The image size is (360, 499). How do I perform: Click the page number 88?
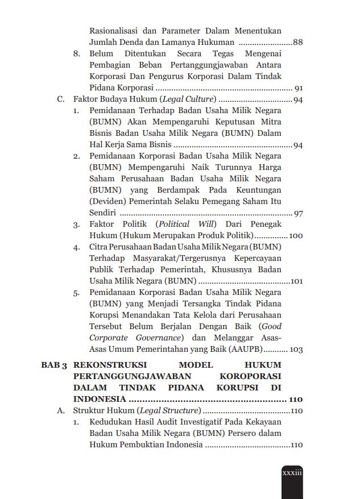point(297,43)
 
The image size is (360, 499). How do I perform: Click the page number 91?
point(298,89)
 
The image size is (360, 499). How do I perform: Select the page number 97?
point(298,213)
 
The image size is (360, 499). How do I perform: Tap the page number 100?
point(296,235)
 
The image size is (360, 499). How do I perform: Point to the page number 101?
point(296,281)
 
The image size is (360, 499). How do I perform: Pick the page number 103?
point(296,350)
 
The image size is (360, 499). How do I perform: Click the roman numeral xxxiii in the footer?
point(292,473)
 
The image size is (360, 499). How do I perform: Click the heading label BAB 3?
point(55,365)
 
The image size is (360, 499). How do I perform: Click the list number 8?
point(76,54)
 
